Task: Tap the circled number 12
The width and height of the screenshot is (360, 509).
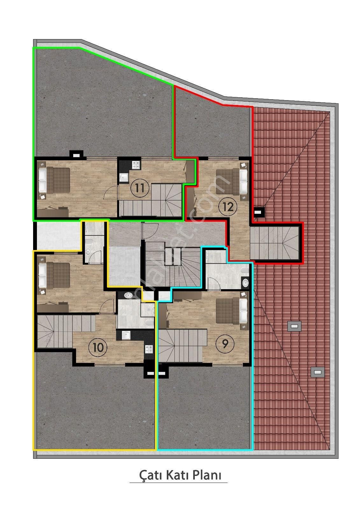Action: (x=228, y=207)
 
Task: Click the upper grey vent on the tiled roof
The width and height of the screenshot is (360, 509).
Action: (x=294, y=326)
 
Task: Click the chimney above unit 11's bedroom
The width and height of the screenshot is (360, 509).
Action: (x=76, y=155)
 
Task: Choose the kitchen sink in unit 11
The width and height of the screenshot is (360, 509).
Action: (x=123, y=177)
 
